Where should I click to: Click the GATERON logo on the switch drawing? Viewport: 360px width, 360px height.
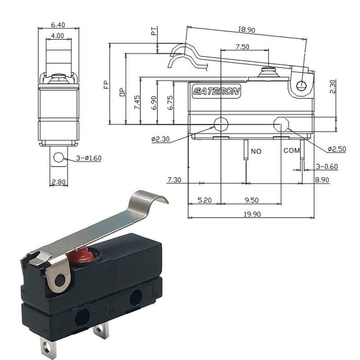pos(216,91)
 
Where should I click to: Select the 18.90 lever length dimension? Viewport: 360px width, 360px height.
pos(247,30)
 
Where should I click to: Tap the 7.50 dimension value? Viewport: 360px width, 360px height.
pos(243,47)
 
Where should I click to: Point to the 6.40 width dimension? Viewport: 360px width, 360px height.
pos(58,25)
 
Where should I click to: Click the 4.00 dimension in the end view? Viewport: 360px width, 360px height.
pos(58,36)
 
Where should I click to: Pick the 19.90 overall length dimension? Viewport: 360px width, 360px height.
pos(252,214)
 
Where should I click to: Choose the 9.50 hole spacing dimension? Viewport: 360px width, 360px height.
pos(252,200)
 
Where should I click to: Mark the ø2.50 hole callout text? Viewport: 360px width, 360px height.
pos(337,149)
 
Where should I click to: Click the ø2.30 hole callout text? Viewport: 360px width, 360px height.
pos(161,139)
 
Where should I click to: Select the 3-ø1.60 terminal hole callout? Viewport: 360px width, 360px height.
pos(89,158)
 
